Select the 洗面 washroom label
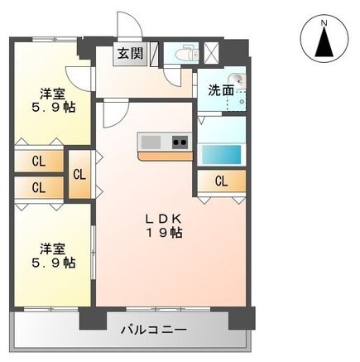[219, 88]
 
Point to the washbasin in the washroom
[238, 84]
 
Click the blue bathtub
[221, 154]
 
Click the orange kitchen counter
[164, 155]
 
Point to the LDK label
[163, 218]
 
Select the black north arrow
[324, 41]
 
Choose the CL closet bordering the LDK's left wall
[79, 174]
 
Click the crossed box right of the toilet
[211, 51]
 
